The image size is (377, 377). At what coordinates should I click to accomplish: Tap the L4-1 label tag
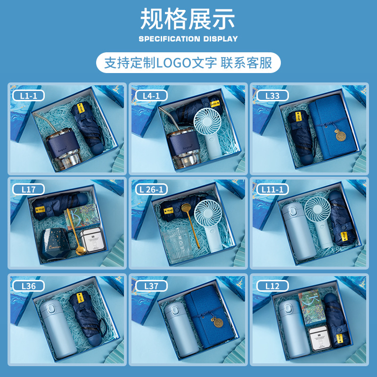tap(151, 96)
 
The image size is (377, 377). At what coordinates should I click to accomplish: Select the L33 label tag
tap(272, 96)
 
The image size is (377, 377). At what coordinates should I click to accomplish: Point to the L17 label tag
tap(29, 189)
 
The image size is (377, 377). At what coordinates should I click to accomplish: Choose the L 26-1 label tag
tap(151, 189)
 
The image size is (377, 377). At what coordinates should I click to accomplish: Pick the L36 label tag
tap(29, 286)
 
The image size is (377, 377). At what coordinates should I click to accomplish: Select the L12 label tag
tap(272, 286)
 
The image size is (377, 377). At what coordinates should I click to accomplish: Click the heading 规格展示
tap(188, 20)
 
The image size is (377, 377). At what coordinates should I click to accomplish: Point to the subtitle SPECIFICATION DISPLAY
tap(188, 39)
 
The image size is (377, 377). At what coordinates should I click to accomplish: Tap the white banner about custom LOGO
tap(188, 63)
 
